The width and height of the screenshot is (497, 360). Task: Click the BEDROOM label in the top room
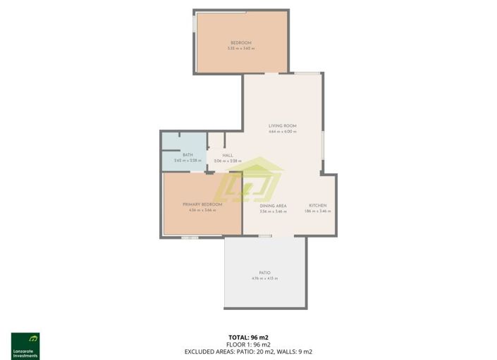point(241,43)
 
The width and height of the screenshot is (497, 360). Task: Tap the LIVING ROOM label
point(283,125)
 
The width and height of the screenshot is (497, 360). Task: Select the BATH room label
point(188,155)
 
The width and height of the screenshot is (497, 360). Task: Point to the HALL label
point(228,155)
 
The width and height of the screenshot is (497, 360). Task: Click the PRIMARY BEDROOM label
point(202,204)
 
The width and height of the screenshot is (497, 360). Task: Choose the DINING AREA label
point(273,206)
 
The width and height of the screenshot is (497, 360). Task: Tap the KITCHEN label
point(317,206)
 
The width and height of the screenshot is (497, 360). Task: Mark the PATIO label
point(264,273)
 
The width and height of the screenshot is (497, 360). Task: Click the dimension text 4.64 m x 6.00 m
point(283,132)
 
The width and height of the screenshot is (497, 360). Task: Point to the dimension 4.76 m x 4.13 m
point(264,279)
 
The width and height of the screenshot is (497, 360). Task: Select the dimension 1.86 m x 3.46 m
point(317,211)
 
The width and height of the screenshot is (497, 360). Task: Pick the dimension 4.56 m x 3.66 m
point(202,211)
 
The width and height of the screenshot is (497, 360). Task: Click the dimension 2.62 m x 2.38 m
point(188,161)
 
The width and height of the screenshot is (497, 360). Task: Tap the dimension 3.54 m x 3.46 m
point(273,211)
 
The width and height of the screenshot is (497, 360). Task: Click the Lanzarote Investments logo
point(25,346)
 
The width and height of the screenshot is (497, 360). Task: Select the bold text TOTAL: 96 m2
point(248,337)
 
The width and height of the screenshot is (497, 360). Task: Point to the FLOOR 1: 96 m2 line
point(248,344)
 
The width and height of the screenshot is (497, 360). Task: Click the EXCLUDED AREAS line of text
point(248,351)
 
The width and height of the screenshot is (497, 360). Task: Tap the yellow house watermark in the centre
point(250,182)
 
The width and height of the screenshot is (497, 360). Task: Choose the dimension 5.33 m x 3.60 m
point(241,49)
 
